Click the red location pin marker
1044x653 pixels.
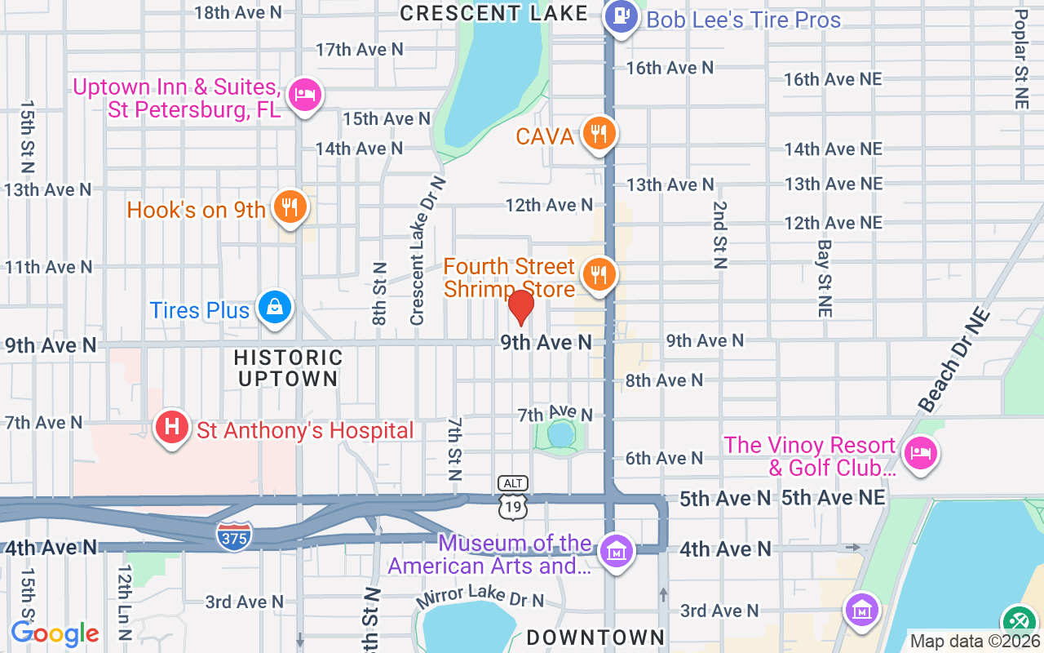coord(520,308)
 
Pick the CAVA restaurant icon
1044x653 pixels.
coord(599,135)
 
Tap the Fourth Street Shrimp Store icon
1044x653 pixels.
coord(599,276)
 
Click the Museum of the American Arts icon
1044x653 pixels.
coord(616,553)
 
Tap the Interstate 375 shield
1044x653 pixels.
coord(234,535)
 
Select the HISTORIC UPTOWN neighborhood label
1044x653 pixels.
coord(288,368)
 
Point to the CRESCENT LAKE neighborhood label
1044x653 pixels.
coord(494,13)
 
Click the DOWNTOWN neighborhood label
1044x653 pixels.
coord(595,637)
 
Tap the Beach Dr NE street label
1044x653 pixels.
coord(955,360)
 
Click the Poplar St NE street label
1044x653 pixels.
coord(1021,59)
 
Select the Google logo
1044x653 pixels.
coord(55,633)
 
